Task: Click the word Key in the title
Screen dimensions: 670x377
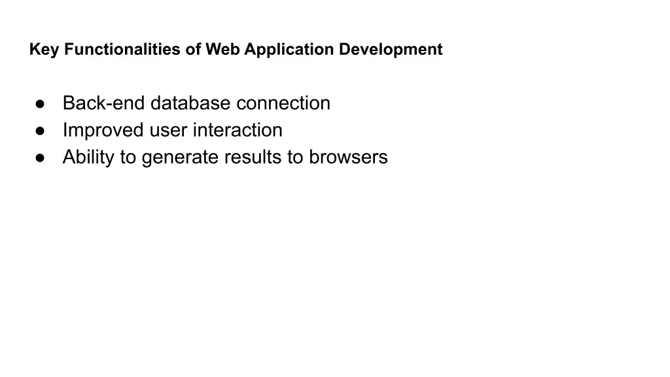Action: coord(44,50)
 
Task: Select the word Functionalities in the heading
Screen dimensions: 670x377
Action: coord(122,49)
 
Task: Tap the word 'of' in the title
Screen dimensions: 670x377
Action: coord(193,49)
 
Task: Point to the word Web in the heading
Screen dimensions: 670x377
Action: coord(222,49)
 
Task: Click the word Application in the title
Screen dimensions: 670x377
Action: coord(289,50)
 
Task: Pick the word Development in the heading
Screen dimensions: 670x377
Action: coord(391,50)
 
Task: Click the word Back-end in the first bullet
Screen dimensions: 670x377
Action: coord(104,103)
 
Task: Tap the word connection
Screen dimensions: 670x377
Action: coord(283,103)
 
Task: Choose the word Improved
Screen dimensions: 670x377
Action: coord(103,130)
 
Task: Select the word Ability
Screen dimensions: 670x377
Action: coord(88,157)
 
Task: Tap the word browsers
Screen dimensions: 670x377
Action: coord(348,157)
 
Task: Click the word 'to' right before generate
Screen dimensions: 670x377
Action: coord(128,158)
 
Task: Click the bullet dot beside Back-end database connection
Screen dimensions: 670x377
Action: coord(40,104)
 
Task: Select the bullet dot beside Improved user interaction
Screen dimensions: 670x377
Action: coord(40,131)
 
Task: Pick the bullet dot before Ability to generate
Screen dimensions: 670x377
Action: coord(40,158)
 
